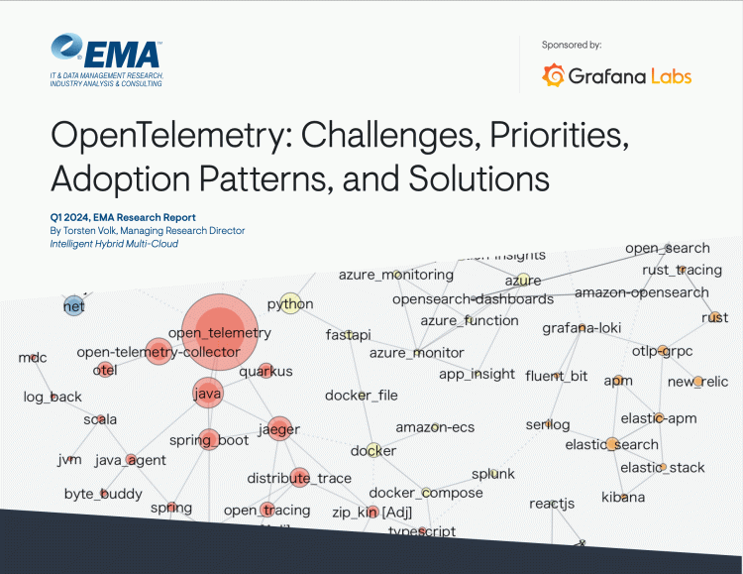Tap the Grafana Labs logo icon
click(x=555, y=75)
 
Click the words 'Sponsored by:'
click(x=572, y=45)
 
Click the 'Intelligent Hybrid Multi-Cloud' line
click(x=114, y=244)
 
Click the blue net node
click(x=73, y=305)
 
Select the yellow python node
click(x=290, y=303)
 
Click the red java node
click(x=207, y=393)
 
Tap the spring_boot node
click(x=208, y=439)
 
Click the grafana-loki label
click(x=581, y=328)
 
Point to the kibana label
click(x=623, y=497)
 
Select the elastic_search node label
click(x=611, y=445)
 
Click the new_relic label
click(x=696, y=382)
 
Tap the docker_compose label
click(x=426, y=493)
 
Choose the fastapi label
click(x=348, y=335)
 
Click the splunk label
click(x=492, y=474)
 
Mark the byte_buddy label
click(x=103, y=494)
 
